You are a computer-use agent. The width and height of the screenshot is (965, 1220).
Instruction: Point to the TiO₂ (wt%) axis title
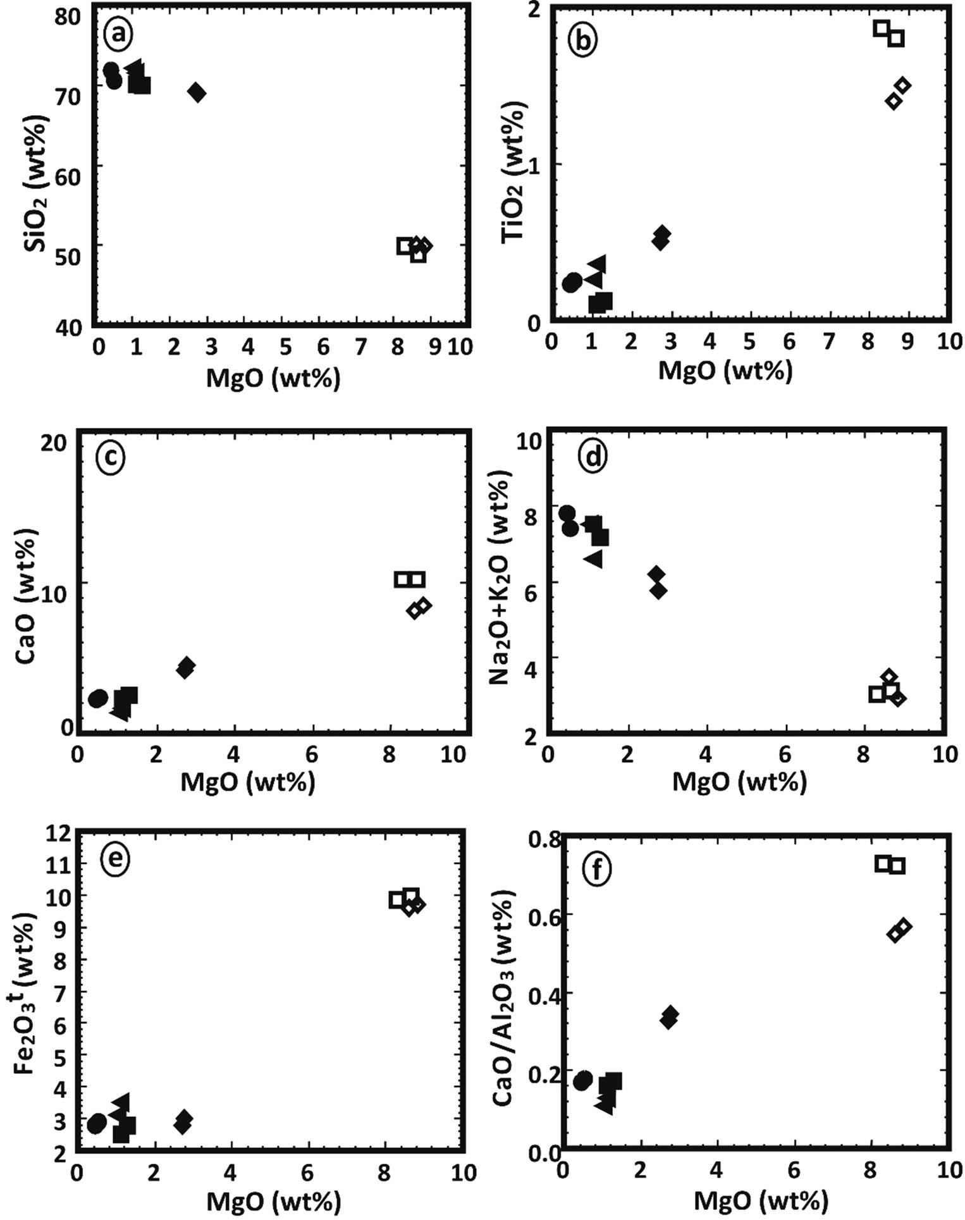tap(512, 172)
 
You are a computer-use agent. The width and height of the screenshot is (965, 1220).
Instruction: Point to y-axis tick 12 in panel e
tap(61, 834)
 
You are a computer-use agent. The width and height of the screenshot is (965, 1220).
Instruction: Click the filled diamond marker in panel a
tap(197, 92)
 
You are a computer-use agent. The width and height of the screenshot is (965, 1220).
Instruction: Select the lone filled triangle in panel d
tap(594, 559)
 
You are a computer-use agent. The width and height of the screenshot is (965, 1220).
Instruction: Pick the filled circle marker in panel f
tap(583, 1080)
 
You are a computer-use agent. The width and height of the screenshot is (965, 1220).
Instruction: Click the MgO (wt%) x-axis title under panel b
tap(725, 369)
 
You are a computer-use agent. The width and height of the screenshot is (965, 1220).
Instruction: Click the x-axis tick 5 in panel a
tap(286, 347)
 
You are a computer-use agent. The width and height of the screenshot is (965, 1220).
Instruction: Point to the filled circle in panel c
tap(98, 699)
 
